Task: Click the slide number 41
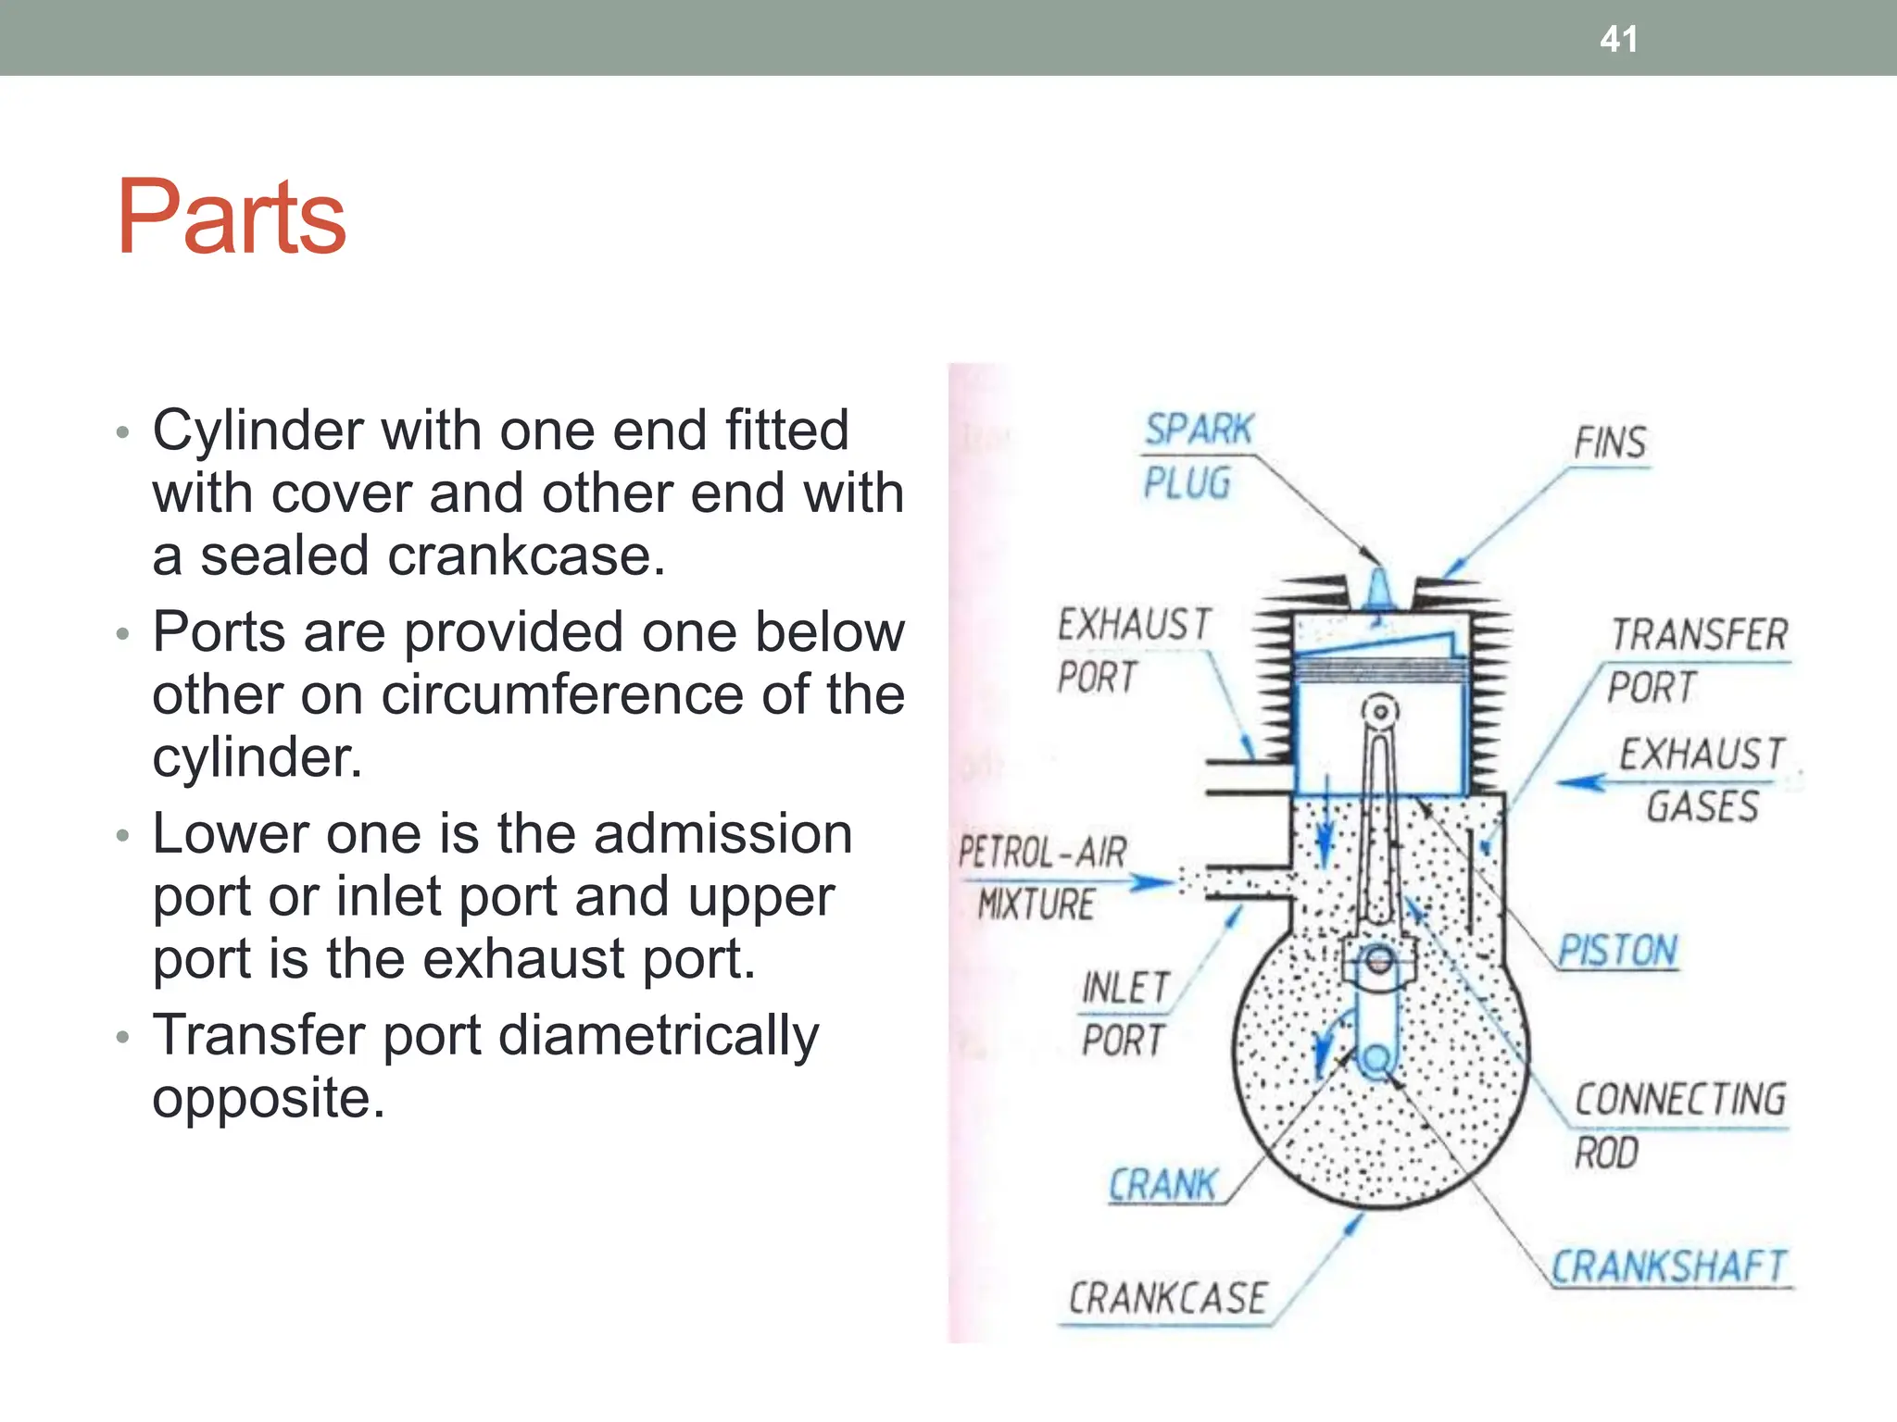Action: [x=1618, y=39]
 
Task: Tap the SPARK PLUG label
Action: [x=1195, y=455]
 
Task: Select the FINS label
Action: [x=1610, y=443]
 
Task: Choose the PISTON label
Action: [x=1617, y=951]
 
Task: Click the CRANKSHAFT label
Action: [x=1668, y=1266]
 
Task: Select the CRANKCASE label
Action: [x=1167, y=1298]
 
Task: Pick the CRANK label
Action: [x=1162, y=1185]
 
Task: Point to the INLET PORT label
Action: [x=1124, y=1014]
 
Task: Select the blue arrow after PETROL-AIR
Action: [x=1151, y=881]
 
